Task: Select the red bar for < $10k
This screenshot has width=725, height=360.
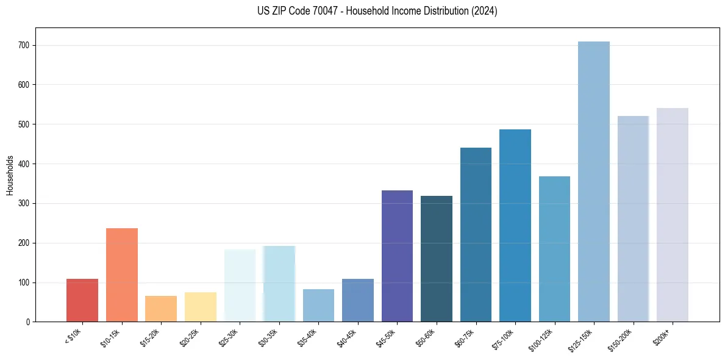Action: pyautogui.click(x=82, y=300)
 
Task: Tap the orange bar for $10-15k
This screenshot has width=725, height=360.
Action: pyautogui.click(x=121, y=275)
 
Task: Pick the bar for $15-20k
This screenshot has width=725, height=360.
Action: pyautogui.click(x=161, y=309)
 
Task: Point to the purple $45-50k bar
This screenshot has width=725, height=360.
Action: pyautogui.click(x=397, y=256)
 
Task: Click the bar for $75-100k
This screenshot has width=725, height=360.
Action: pyautogui.click(x=515, y=226)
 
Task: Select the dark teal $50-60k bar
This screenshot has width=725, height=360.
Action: pyautogui.click(x=436, y=259)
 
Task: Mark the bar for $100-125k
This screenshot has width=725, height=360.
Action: pyautogui.click(x=554, y=249)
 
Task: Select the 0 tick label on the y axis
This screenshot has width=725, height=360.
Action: pyautogui.click(x=29, y=322)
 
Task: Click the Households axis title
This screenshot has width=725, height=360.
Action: pyautogui.click(x=10, y=175)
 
